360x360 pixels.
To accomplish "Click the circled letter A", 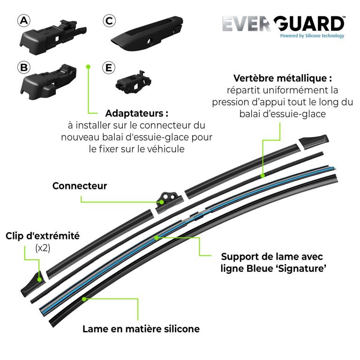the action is [24, 21].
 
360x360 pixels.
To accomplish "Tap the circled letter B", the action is [24, 67].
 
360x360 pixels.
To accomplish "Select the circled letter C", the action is [109, 21].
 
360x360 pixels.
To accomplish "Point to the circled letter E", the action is [109, 67].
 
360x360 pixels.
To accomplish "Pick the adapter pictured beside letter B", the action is [48, 82].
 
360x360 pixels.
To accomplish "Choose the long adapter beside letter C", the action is [147, 34].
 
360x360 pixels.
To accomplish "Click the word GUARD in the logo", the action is [309, 23].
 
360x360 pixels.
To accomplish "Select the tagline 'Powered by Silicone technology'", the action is [312, 36].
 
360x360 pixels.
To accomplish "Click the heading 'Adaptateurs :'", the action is [137, 113].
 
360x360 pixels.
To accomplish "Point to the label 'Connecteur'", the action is [80, 186].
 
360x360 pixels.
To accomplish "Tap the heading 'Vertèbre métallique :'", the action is [283, 78].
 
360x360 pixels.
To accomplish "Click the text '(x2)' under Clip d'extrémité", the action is [43, 248].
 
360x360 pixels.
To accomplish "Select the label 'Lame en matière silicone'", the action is [141, 329].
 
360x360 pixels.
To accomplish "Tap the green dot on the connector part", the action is [162, 202].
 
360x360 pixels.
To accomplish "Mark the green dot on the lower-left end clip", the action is [39, 280].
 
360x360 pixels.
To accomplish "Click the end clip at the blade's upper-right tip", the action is [314, 142].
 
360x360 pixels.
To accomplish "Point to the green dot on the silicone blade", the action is [84, 299].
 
